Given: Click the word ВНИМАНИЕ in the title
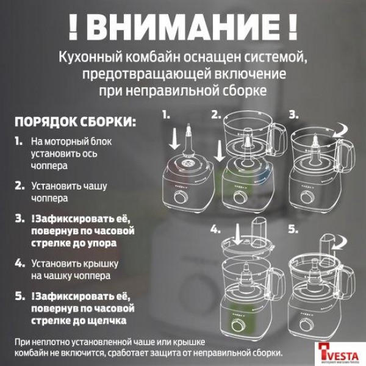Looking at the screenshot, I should (182, 27).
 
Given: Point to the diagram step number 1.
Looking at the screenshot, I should (167, 114).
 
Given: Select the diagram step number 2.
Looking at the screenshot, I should (215, 114).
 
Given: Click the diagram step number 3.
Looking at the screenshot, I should (293, 114).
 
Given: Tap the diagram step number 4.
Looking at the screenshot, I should (215, 229).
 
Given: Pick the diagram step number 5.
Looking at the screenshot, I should (293, 229).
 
